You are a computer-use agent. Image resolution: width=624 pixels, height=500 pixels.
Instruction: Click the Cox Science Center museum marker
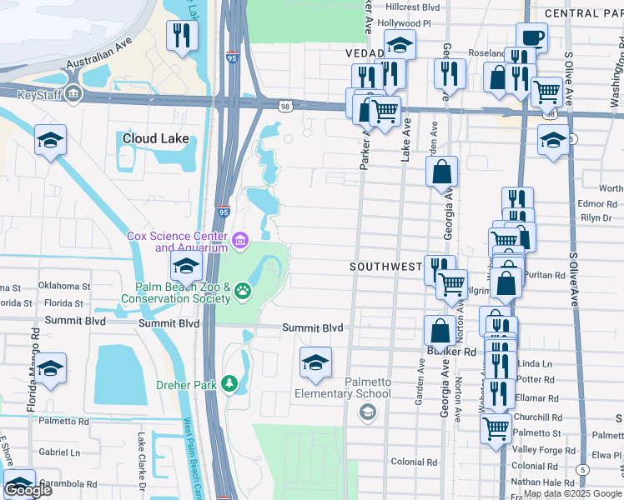tap(240, 242)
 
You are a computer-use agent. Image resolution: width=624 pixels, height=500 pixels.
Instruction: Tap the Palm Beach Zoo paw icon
tap(242, 291)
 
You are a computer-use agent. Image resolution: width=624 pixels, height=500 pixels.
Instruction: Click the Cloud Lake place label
tap(156, 139)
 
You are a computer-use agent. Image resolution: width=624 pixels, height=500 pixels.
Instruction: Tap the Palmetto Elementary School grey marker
tap(366, 412)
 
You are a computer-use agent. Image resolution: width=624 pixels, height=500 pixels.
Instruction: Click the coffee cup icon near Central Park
tap(531, 37)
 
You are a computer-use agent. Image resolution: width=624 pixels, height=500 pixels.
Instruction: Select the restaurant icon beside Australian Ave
tap(180, 35)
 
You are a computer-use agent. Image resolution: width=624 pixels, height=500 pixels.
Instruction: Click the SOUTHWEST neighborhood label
tap(386, 267)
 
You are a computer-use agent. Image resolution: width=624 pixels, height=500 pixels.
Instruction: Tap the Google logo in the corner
tap(28, 490)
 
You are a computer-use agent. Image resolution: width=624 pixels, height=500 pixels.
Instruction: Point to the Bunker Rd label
tap(458, 352)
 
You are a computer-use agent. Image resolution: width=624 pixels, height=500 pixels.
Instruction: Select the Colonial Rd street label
tap(414, 462)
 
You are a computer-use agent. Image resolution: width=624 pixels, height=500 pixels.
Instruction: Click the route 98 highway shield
tap(285, 105)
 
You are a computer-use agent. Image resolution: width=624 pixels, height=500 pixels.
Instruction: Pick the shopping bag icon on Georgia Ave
tap(441, 172)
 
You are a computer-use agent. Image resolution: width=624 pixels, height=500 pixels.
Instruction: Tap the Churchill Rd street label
tap(539, 417)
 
